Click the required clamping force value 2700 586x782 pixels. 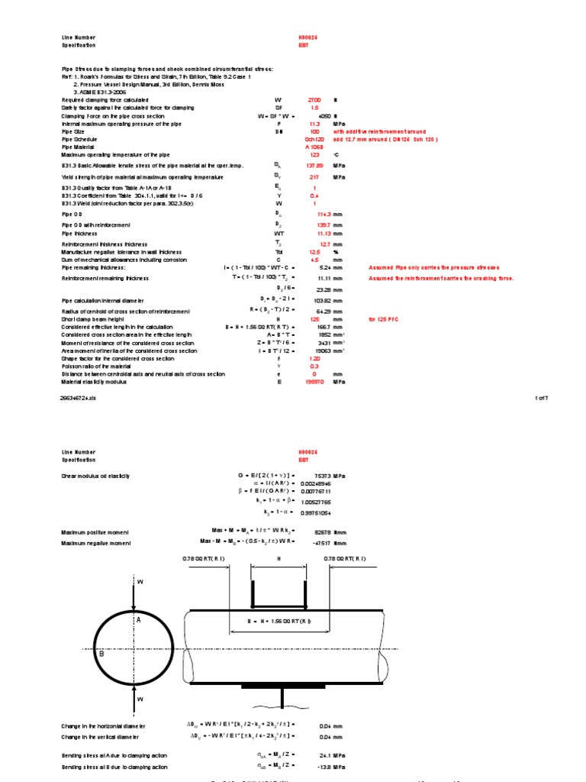(x=314, y=100)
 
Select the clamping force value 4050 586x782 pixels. (x=323, y=115)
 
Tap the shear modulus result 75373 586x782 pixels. (x=324, y=476)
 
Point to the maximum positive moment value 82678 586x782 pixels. (x=324, y=528)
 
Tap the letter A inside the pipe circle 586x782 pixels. (x=139, y=620)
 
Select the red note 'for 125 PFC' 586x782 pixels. (x=384, y=319)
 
